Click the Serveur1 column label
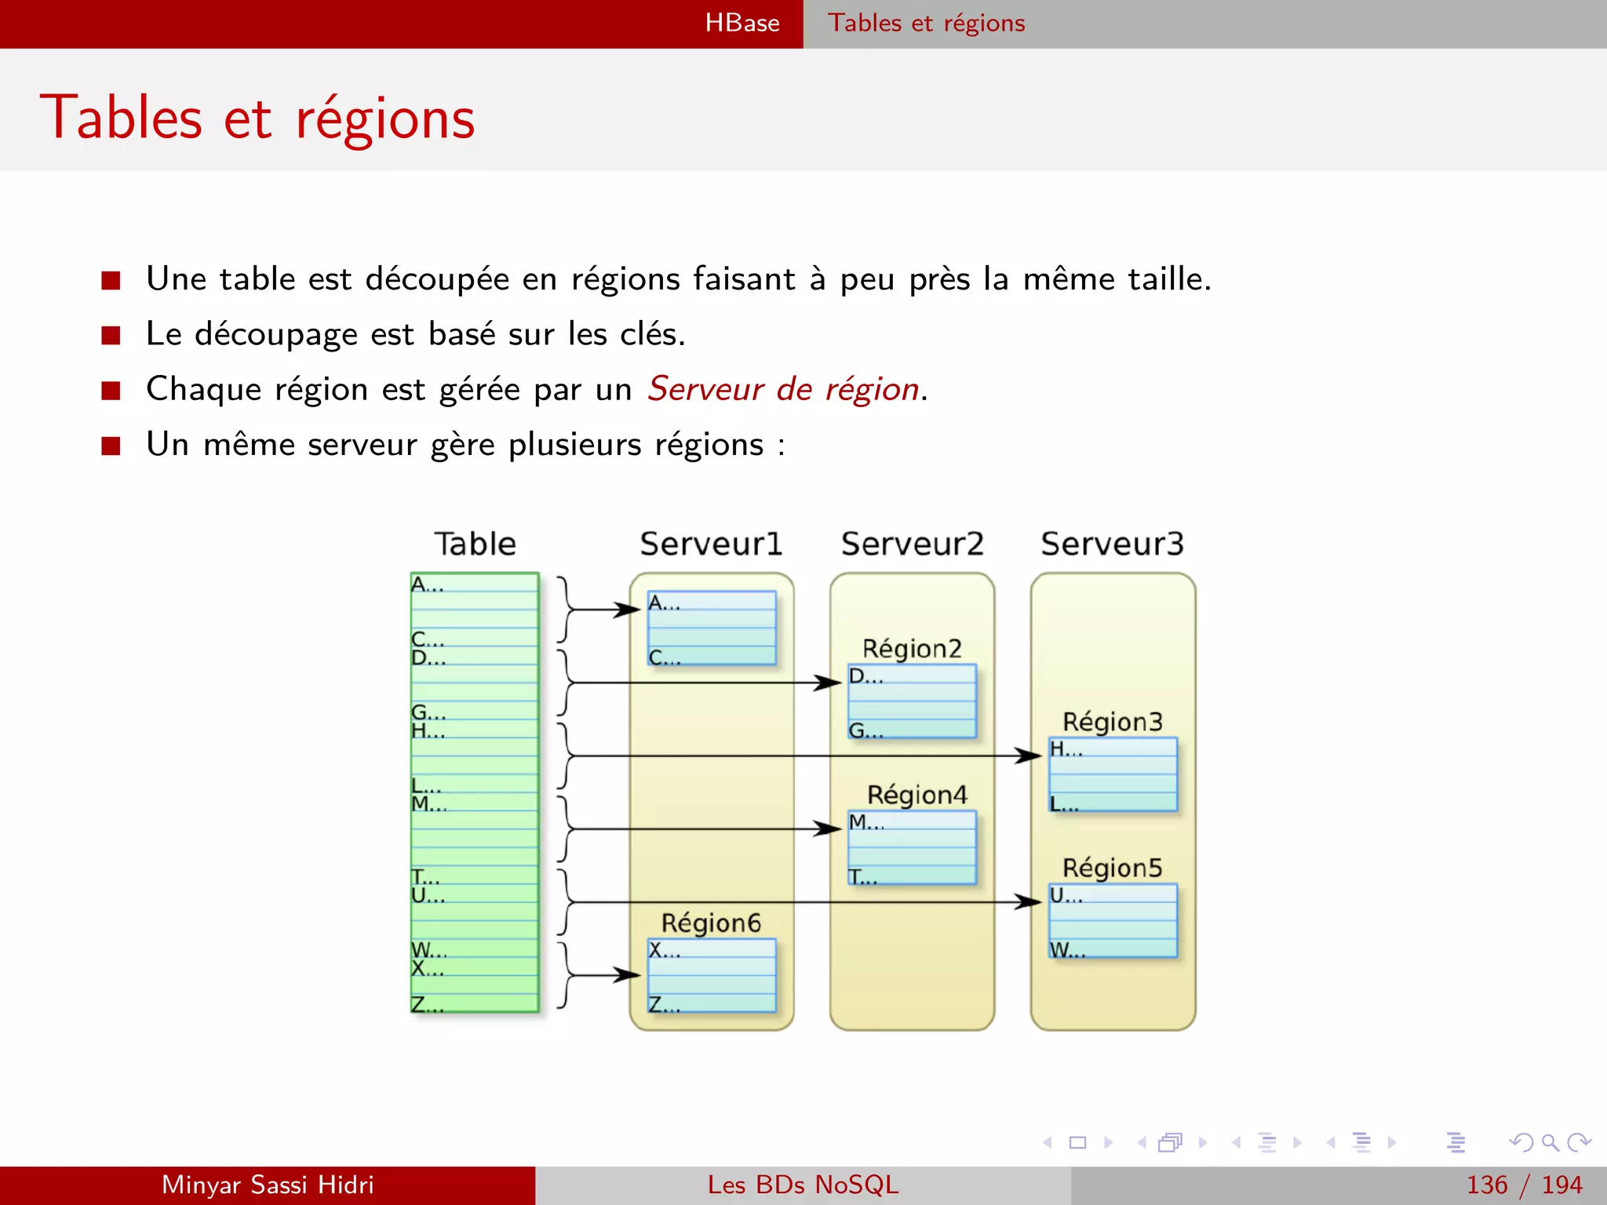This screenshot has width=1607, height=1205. pyautogui.click(x=711, y=544)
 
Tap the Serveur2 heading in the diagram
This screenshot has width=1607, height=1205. pyautogui.click(x=912, y=544)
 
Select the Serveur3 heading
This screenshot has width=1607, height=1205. pyautogui.click(x=1112, y=544)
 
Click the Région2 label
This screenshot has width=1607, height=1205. pyautogui.click(x=912, y=649)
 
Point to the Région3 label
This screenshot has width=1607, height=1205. pyautogui.click(x=1112, y=722)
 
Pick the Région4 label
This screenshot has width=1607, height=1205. pyautogui.click(x=916, y=795)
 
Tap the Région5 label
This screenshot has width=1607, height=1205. pyautogui.click(x=1112, y=868)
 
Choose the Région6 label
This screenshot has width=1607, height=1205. pyautogui.click(x=711, y=923)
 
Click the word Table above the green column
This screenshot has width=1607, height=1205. pyautogui.click(x=476, y=544)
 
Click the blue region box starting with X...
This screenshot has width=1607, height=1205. pyautogui.click(x=712, y=975)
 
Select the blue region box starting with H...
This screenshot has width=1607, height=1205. pyautogui.click(x=1113, y=774)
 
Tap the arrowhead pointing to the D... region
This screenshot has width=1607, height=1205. pyautogui.click(x=829, y=683)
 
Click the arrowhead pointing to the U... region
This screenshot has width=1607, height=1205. pyautogui.click(x=1029, y=902)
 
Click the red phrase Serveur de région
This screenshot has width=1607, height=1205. pyautogui.click(x=783, y=389)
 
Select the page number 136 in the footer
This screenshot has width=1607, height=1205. pyautogui.click(x=1487, y=1185)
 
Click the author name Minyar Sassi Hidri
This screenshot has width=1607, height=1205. pyautogui.click(x=268, y=1185)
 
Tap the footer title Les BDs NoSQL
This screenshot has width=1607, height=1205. pyautogui.click(x=803, y=1185)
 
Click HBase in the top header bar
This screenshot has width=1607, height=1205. pyautogui.click(x=742, y=24)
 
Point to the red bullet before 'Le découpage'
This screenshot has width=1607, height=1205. pyautogui.click(x=111, y=336)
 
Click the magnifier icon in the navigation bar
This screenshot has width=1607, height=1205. pyautogui.click(x=1550, y=1142)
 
